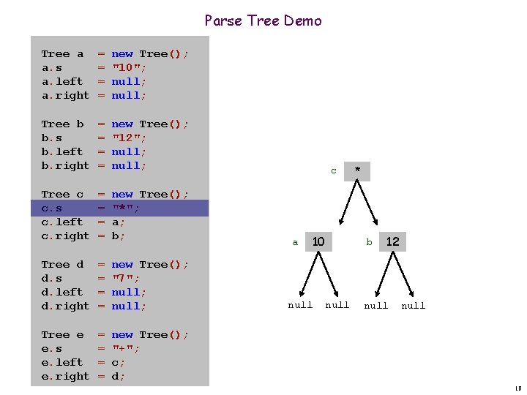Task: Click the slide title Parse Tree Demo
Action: pyautogui.click(x=263, y=20)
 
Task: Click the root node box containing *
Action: pyautogui.click(x=357, y=170)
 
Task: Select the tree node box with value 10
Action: pyautogui.click(x=319, y=241)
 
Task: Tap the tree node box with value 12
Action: pyautogui.click(x=393, y=241)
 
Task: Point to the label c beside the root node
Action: pyautogui.click(x=333, y=171)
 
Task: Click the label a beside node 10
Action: pyautogui.click(x=295, y=242)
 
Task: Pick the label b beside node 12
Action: pyautogui.click(x=370, y=242)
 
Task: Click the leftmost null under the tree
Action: pyautogui.click(x=300, y=305)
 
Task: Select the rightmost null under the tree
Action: pyautogui.click(x=413, y=306)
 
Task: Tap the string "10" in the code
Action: pyautogui.click(x=129, y=68)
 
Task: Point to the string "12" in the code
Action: pyautogui.click(x=129, y=138)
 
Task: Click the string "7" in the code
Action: pyautogui.click(x=125, y=279)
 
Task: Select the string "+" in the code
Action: pyautogui.click(x=125, y=349)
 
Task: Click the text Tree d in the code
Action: pyautogui.click(x=62, y=265)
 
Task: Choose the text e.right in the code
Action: pyautogui.click(x=65, y=377)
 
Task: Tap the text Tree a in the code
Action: pyautogui.click(x=62, y=54)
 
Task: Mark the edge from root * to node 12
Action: pyautogui.click(x=374, y=206)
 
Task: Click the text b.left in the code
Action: pyautogui.click(x=62, y=152)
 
